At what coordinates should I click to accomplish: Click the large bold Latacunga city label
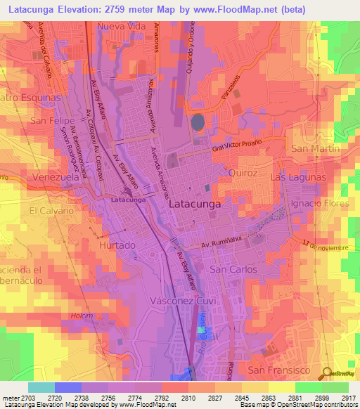(195, 203)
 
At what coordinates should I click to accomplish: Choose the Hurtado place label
(117, 245)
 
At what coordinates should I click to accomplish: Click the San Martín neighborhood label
(310, 148)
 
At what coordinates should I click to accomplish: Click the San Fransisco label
(278, 369)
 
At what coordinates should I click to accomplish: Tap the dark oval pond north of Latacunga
(199, 122)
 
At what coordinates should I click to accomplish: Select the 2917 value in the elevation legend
(346, 398)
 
